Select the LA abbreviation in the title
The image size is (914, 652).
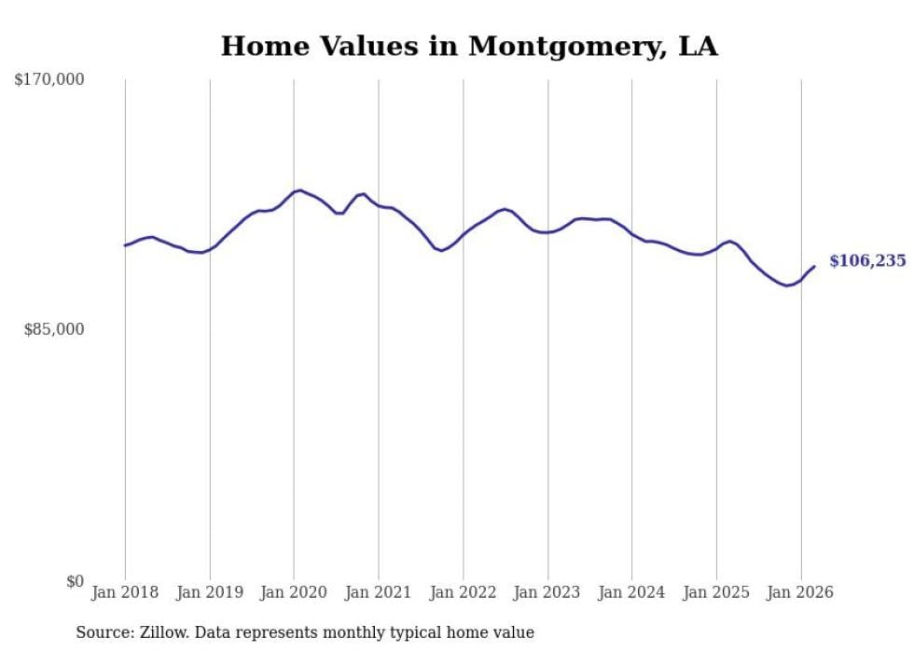(698, 47)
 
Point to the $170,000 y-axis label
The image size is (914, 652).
(48, 79)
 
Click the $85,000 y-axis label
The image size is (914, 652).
(54, 329)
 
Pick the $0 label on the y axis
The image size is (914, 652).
(76, 581)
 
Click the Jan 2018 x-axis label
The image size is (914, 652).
(125, 592)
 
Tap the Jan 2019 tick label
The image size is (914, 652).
(210, 592)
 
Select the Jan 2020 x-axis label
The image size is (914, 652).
(294, 592)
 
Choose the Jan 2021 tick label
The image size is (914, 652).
(379, 592)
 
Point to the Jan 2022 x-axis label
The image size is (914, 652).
(463, 592)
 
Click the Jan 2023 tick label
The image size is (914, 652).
(547, 592)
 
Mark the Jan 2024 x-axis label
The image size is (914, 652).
(631, 592)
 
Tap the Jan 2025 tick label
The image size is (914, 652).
(716, 592)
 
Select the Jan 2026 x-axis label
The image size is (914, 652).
(800, 592)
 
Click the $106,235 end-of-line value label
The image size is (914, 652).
(868, 260)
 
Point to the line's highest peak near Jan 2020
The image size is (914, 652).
(299, 190)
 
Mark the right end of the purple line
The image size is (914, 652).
(814, 267)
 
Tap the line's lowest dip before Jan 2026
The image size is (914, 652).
(787, 285)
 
